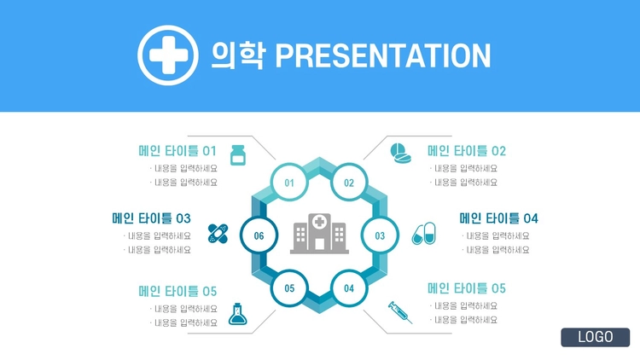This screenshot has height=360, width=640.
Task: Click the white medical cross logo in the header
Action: click(x=168, y=55)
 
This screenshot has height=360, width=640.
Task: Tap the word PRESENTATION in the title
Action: click(x=383, y=55)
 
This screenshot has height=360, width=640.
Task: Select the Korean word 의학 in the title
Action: click(x=239, y=55)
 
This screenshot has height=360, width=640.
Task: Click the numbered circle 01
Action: click(x=289, y=183)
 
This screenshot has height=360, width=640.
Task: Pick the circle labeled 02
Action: click(x=349, y=183)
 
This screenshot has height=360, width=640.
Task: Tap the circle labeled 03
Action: click(x=380, y=235)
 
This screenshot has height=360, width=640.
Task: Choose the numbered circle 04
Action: click(x=349, y=288)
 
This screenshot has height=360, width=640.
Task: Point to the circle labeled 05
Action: click(x=289, y=288)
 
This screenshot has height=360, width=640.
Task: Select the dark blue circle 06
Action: click(x=259, y=235)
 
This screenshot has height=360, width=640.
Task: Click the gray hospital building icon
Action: click(x=319, y=233)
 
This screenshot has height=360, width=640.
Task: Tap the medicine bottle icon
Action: click(x=238, y=155)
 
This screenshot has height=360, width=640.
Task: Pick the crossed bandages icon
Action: click(x=218, y=234)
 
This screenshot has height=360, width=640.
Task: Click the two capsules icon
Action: click(x=423, y=234)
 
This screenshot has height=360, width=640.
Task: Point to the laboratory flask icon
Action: click(x=237, y=314)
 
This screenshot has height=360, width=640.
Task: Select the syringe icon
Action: click(x=400, y=312)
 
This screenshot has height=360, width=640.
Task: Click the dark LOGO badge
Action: click(x=595, y=337)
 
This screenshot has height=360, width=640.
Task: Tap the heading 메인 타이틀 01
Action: click(x=177, y=151)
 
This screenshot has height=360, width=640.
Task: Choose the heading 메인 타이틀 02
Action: click(x=467, y=151)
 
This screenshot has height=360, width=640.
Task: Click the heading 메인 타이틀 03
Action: click(x=151, y=218)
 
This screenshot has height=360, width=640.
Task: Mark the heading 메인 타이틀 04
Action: click(x=499, y=218)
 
